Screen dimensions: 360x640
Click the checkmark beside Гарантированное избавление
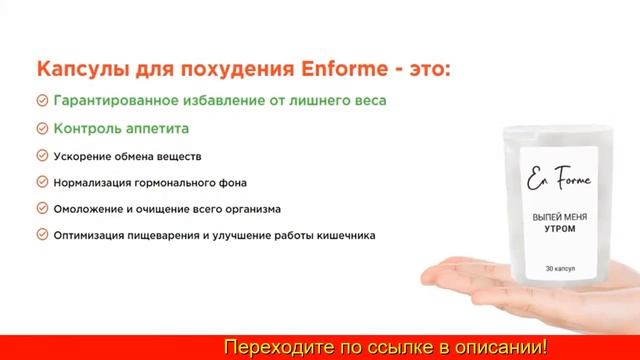click(x=42, y=101)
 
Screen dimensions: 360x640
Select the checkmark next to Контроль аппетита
click(x=42, y=129)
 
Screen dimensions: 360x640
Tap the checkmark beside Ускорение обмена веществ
click(x=42, y=157)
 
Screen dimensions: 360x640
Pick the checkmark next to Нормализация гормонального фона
click(x=42, y=183)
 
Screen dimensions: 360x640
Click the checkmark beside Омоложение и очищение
click(x=42, y=209)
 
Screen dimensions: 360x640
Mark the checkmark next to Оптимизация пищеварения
click(x=42, y=235)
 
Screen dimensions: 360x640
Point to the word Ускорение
click(x=90, y=157)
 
